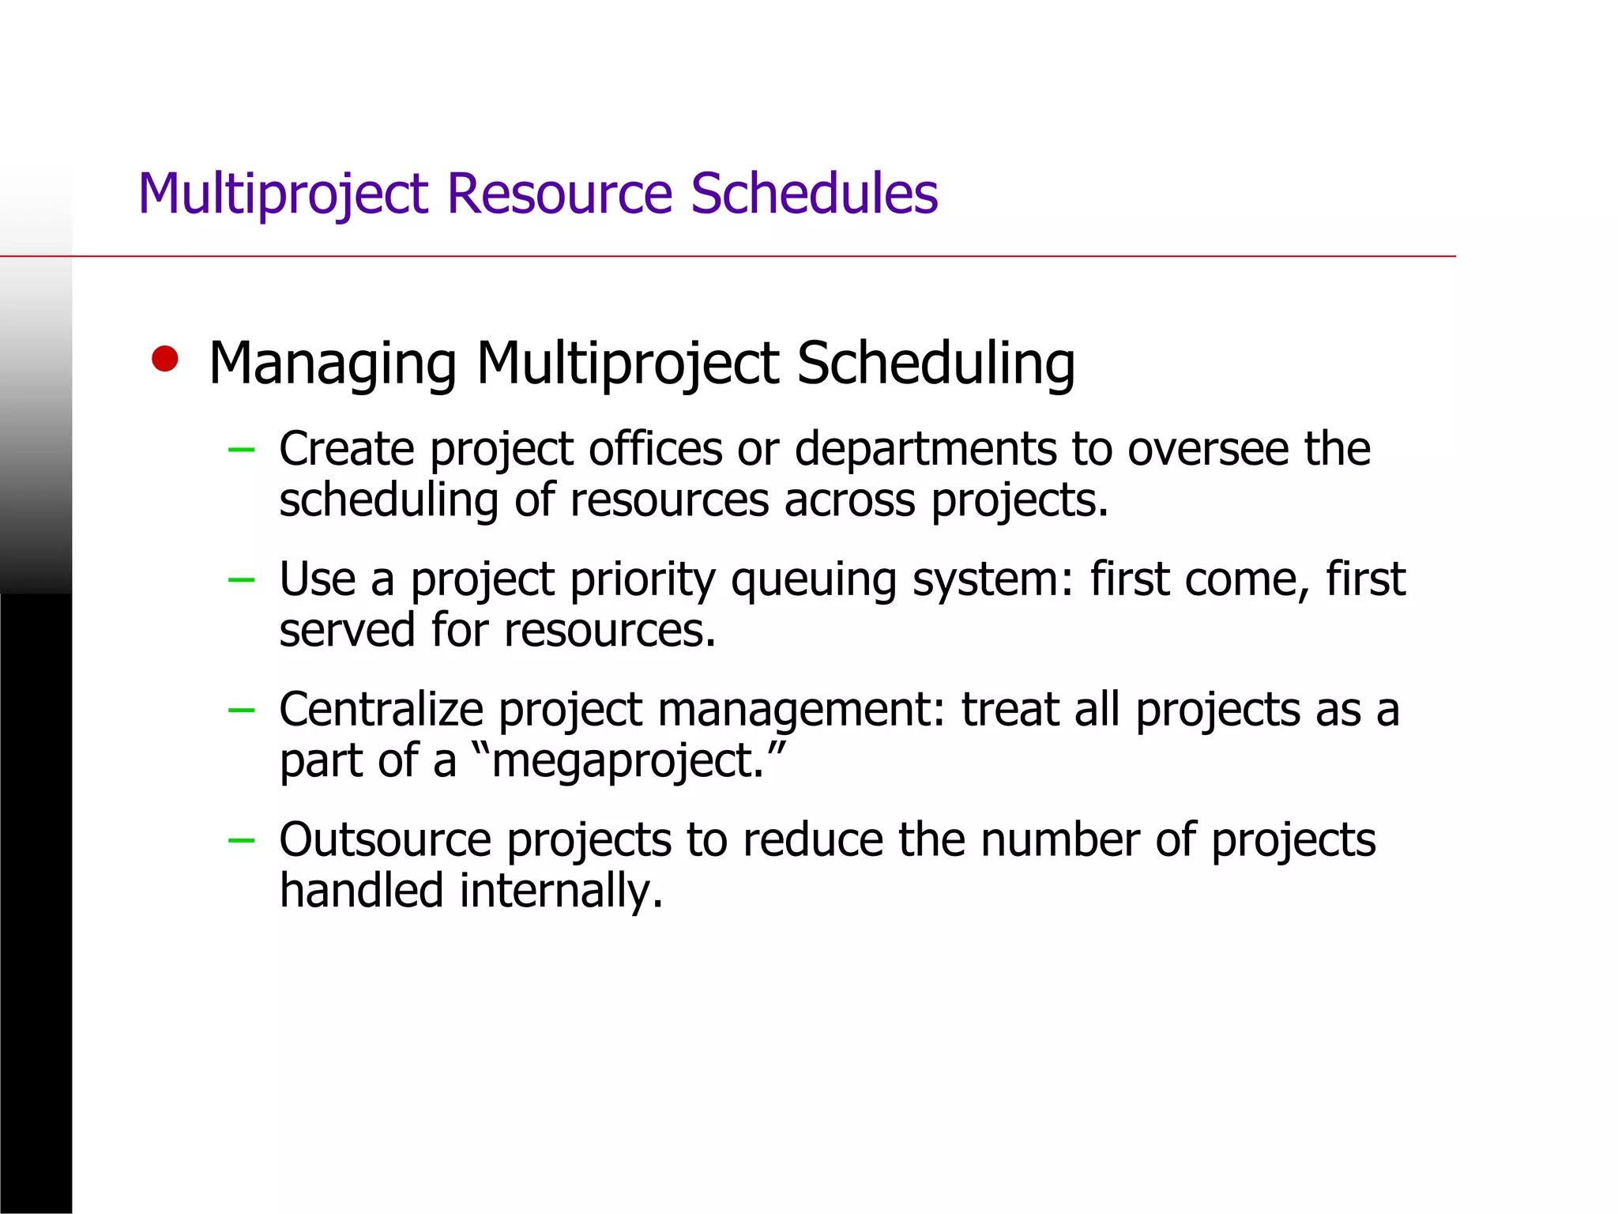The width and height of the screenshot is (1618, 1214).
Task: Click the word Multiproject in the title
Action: point(283,194)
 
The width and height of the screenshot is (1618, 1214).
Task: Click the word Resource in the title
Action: point(559,194)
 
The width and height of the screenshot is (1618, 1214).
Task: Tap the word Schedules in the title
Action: point(814,194)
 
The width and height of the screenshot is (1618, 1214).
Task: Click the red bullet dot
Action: point(165,360)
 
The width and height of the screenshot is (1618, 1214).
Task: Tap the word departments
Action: point(925,449)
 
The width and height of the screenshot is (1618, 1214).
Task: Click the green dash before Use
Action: point(241,580)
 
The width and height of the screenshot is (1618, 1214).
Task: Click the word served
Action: point(347,631)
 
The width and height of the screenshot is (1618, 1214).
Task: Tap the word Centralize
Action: point(381,709)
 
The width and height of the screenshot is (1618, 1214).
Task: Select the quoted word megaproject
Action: point(627,761)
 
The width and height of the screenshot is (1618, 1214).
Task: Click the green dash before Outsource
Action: point(241,840)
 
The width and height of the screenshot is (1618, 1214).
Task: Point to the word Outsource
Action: point(385,839)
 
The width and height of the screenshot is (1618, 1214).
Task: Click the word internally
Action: point(561,891)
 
